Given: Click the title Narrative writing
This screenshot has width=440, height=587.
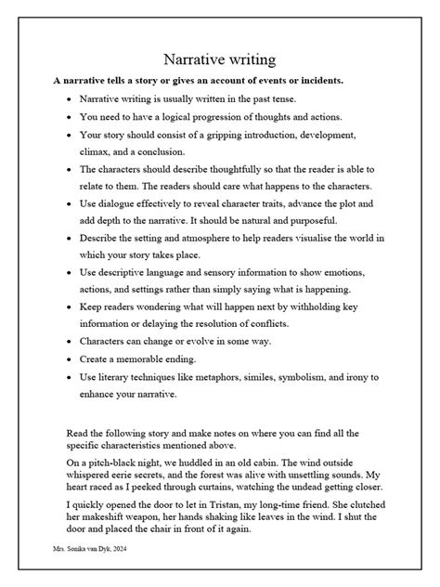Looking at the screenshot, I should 219,60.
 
